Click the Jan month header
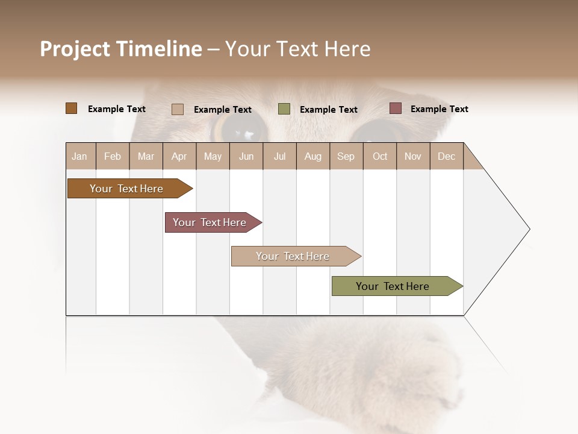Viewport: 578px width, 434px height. (80, 156)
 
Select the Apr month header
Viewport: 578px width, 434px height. (179, 156)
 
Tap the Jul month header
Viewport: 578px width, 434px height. (279, 156)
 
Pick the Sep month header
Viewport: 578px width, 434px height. (346, 156)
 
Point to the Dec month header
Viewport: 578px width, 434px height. (446, 156)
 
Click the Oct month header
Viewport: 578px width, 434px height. (379, 156)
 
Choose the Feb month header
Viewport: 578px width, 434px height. (113, 156)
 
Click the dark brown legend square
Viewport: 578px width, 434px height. (71, 108)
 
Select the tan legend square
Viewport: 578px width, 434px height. (178, 109)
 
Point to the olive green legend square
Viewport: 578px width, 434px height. (284, 109)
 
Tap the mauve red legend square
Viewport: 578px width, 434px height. (396, 108)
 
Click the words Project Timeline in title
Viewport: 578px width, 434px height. (120, 49)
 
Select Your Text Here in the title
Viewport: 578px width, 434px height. (297, 49)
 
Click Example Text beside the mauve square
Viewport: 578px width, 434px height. (439, 109)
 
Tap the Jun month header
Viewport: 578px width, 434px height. (246, 156)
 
